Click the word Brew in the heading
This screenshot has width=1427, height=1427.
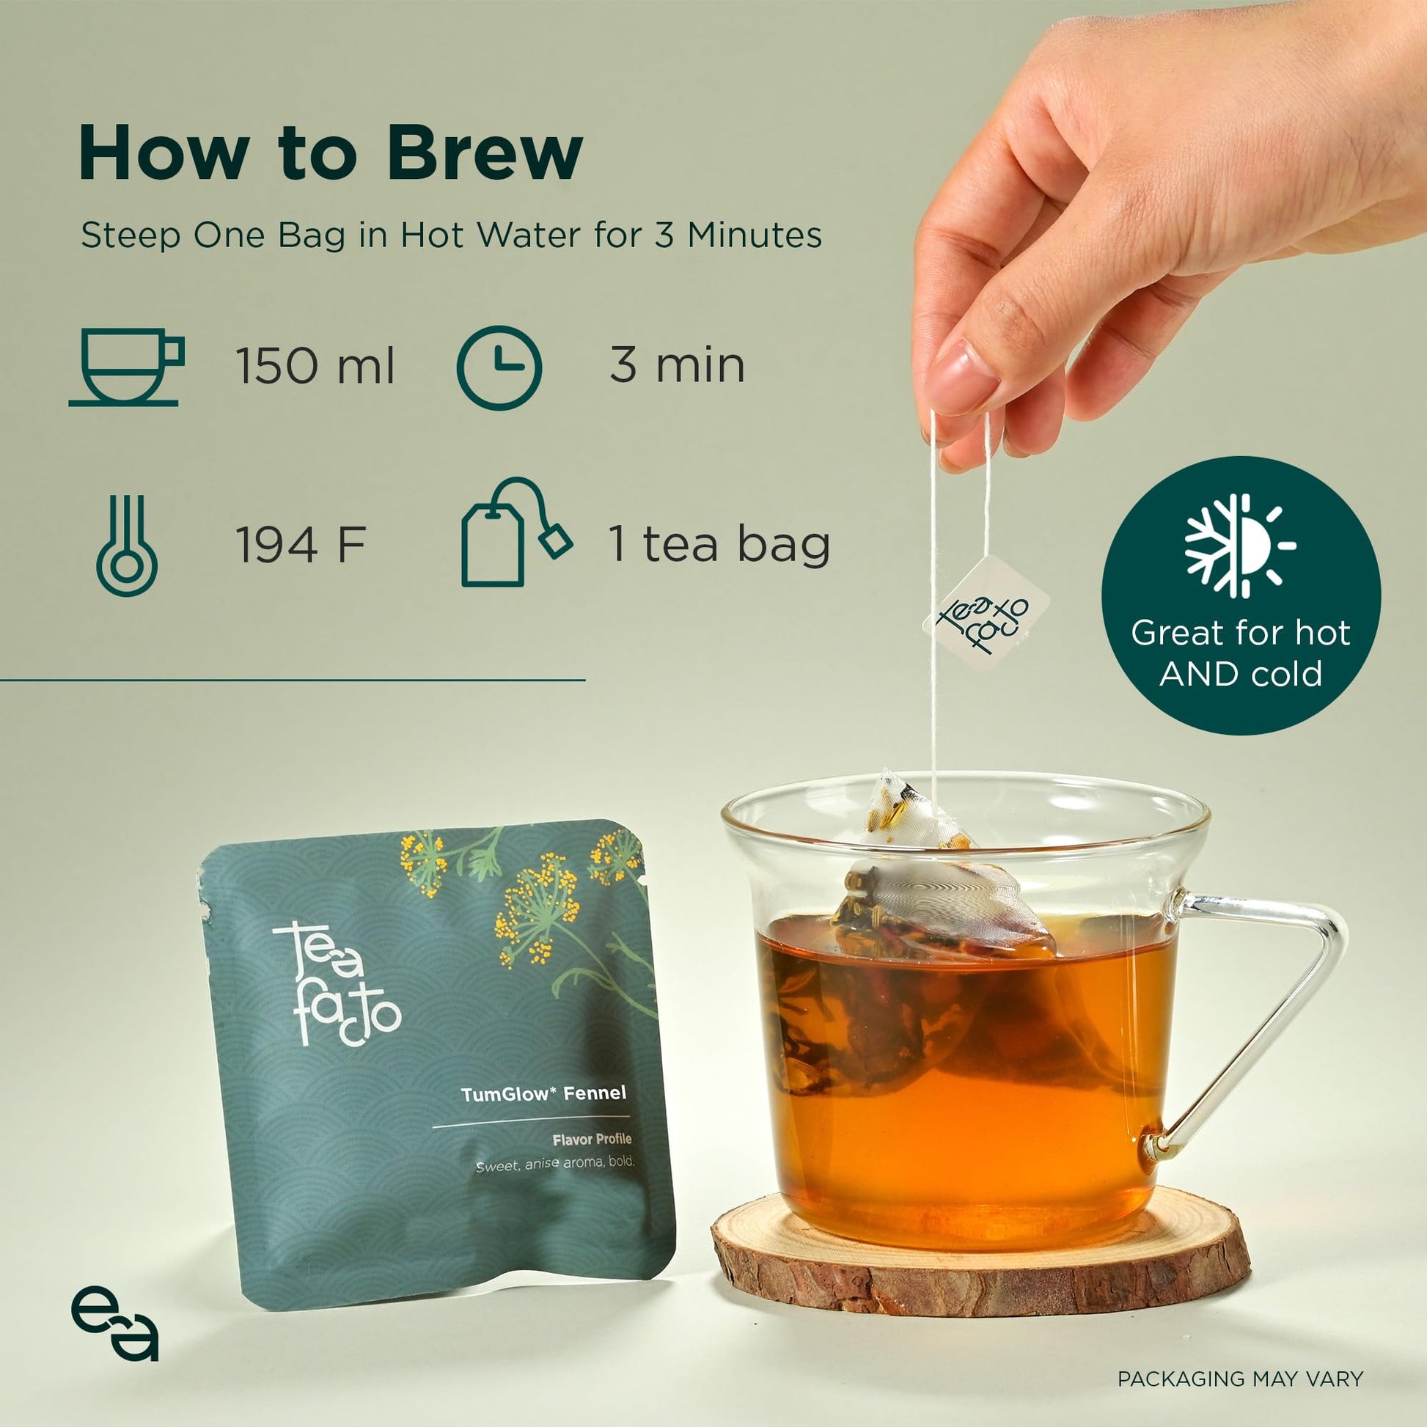click(x=485, y=153)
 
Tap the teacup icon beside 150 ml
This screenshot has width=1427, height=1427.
click(x=126, y=367)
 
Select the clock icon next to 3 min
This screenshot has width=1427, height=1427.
click(x=499, y=367)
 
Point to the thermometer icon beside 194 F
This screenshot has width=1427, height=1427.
click(x=126, y=545)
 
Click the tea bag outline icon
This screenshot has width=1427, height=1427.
click(x=516, y=532)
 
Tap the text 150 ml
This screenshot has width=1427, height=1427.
click(x=315, y=366)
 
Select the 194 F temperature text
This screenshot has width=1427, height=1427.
click(x=301, y=545)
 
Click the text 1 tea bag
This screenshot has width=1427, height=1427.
click(x=719, y=545)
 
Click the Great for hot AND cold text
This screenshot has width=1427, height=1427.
click(x=1240, y=653)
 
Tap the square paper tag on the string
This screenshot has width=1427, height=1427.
click(x=986, y=613)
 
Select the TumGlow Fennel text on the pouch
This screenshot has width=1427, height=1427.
click(x=543, y=1093)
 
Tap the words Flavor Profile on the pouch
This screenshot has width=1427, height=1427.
click(x=592, y=1139)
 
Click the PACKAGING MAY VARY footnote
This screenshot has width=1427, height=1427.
click(x=1240, y=1379)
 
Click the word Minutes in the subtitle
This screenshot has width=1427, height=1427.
click(x=755, y=235)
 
